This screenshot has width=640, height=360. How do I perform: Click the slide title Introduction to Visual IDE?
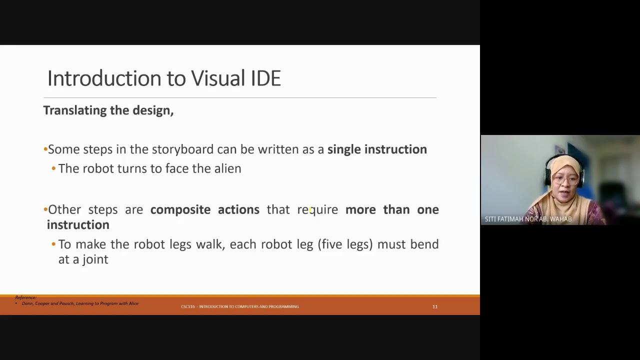point(164,78)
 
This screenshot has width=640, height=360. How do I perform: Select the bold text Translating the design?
point(108,110)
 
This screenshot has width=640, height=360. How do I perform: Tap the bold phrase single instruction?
point(377,149)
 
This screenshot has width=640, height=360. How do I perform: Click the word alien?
point(227,168)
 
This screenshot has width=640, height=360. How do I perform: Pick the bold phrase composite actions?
point(204,209)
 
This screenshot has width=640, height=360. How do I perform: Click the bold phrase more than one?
point(391,209)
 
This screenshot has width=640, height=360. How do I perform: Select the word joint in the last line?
point(95,259)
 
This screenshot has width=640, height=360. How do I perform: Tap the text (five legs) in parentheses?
point(345,244)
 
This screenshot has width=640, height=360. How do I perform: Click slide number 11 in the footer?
point(435,306)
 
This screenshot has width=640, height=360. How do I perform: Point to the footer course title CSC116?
point(239,306)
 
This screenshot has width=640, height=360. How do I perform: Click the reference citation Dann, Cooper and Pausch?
point(80,303)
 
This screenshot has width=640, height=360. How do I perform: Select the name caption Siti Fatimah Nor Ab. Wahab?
point(528,219)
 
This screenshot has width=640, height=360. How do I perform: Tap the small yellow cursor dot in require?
point(310,210)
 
